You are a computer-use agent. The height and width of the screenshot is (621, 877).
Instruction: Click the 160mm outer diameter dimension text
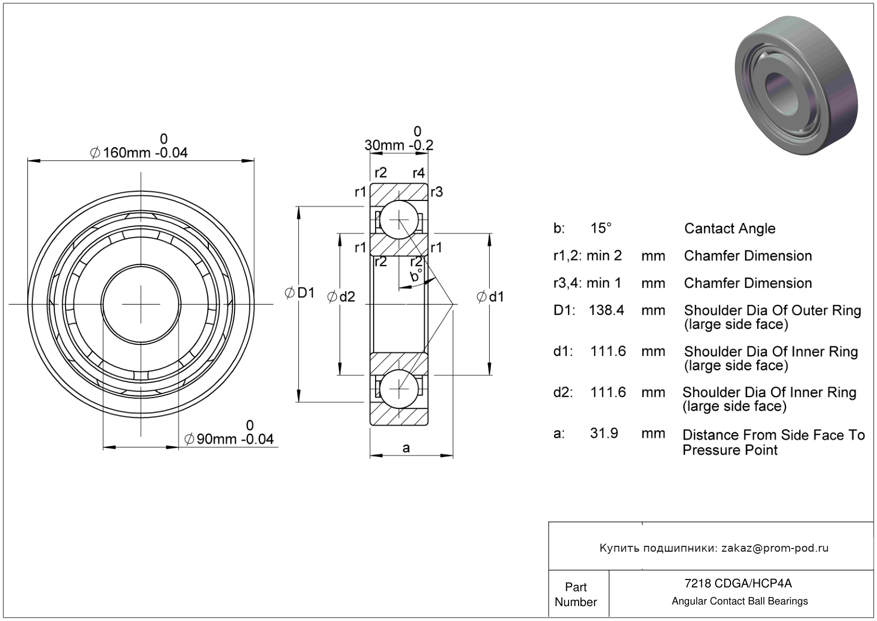[x=140, y=152]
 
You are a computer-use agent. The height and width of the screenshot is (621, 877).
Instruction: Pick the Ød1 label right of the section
[x=490, y=297]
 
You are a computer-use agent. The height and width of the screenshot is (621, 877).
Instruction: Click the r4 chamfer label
[x=419, y=173]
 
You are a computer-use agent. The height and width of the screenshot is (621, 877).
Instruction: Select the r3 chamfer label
[x=437, y=192]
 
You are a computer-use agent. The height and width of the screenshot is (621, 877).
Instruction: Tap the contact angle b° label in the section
[x=416, y=276]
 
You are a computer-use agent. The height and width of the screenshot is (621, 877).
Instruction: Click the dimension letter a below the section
[x=406, y=448]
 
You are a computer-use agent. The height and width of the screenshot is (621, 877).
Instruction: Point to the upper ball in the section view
[x=399, y=220]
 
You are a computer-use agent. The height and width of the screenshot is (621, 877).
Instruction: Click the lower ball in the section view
[x=399, y=389]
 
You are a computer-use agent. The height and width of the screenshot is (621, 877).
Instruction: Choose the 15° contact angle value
[x=600, y=228]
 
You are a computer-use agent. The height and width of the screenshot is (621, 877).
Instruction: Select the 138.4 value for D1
[x=606, y=310]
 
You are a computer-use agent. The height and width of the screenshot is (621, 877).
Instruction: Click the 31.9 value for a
[x=604, y=433]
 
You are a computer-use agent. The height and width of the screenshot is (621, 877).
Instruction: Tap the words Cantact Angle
[x=729, y=229]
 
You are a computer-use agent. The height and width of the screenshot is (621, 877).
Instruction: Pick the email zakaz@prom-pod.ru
[x=775, y=548]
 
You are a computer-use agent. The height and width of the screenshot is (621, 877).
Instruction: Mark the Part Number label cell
[x=576, y=594]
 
